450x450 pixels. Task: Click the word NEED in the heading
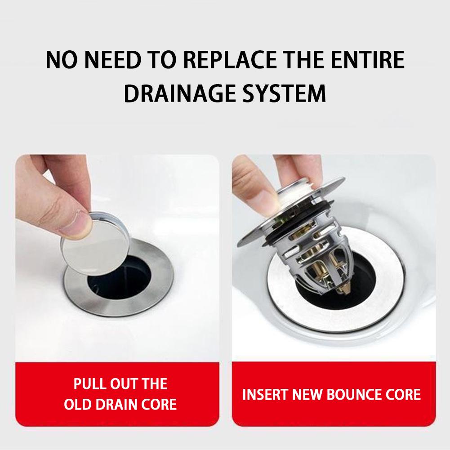111,61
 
